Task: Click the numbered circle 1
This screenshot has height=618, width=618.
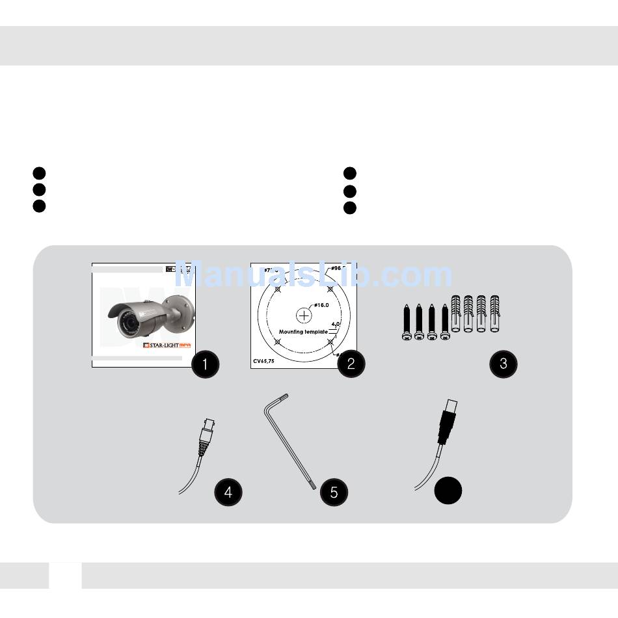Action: pos(206,364)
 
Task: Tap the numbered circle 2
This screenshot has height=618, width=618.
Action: pos(351,364)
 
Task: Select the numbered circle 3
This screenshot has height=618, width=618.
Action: pos(503,364)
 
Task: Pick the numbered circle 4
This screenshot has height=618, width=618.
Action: pos(228,492)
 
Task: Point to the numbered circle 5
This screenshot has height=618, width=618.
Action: pos(334,492)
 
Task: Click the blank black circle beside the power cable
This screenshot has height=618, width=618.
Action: pos(448,491)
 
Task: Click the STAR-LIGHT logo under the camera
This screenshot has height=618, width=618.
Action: pos(167,345)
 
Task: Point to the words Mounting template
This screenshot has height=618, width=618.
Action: pos(303,332)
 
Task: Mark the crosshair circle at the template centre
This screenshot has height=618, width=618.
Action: pos(304,316)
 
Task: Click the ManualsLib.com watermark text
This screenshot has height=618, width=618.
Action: pos(314,275)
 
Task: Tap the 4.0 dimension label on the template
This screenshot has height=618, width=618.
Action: pos(336,323)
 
